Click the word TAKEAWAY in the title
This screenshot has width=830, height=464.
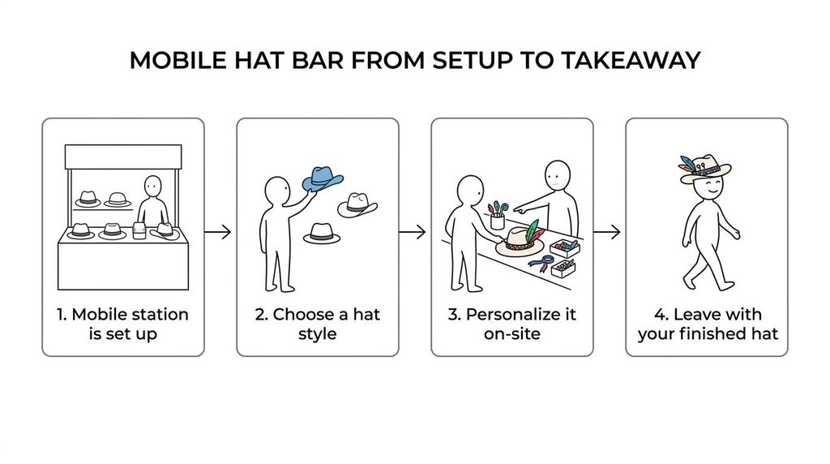(631, 60)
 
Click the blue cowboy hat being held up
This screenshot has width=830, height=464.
(323, 178)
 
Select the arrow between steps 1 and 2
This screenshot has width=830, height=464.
(217, 232)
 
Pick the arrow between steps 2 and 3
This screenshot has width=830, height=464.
(413, 232)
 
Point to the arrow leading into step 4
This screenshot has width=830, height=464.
(606, 232)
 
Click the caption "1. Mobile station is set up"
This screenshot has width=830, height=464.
(123, 324)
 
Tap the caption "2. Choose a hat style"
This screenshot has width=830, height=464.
(318, 324)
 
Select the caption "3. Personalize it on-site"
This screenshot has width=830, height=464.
(512, 324)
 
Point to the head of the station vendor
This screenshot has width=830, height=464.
(153, 187)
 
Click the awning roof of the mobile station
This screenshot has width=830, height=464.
(123, 157)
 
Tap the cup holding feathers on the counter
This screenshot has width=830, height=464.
(497, 221)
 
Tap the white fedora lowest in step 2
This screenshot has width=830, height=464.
(322, 234)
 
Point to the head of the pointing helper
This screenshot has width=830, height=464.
(558, 175)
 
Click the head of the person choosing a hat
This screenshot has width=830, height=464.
(277, 190)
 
